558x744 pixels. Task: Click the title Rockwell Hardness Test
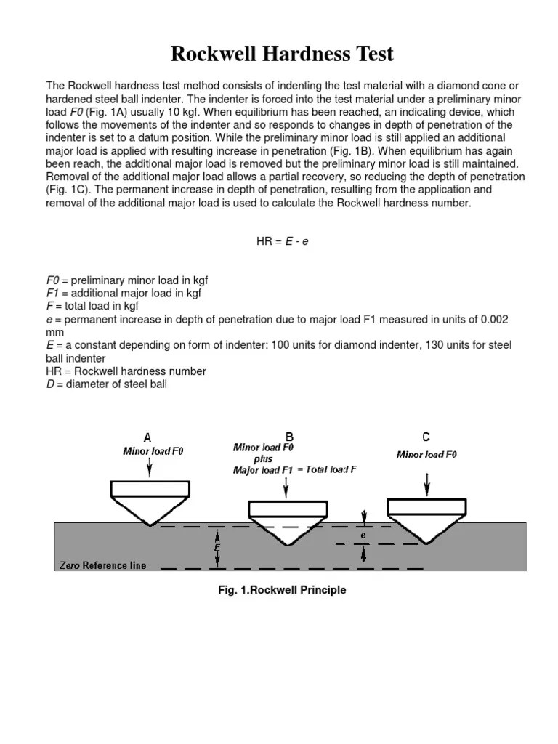pos(282,54)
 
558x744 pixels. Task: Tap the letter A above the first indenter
pos(147,437)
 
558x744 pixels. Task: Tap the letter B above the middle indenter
pos(289,437)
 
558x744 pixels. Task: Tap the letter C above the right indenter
pos(426,437)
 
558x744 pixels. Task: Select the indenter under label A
pos(149,502)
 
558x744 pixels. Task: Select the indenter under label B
pos(285,522)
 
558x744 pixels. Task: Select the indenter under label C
pos(426,519)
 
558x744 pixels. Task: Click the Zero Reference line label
pos(102,565)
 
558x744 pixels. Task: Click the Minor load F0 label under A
pos(153,451)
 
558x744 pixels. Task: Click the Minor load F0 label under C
pos(426,455)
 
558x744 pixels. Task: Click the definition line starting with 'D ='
pos(107,384)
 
